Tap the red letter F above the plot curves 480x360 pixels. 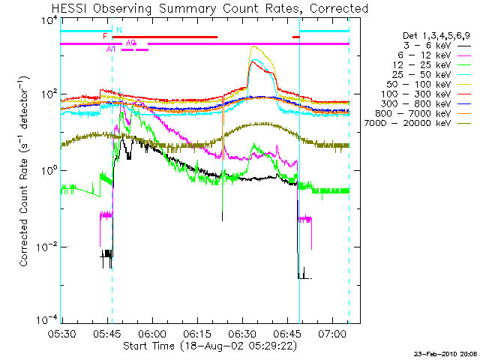click(105, 36)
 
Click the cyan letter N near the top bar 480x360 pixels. click(118, 30)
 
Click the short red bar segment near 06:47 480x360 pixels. click(295, 37)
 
